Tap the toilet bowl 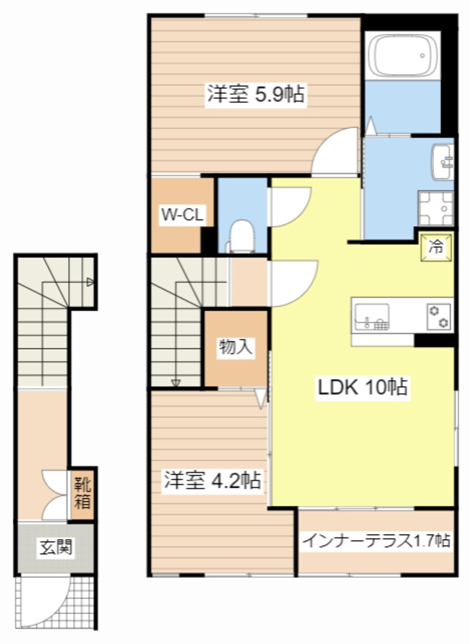(242, 233)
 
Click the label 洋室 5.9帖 (256, 94)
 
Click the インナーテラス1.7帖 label (376, 540)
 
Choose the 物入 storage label (236, 347)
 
